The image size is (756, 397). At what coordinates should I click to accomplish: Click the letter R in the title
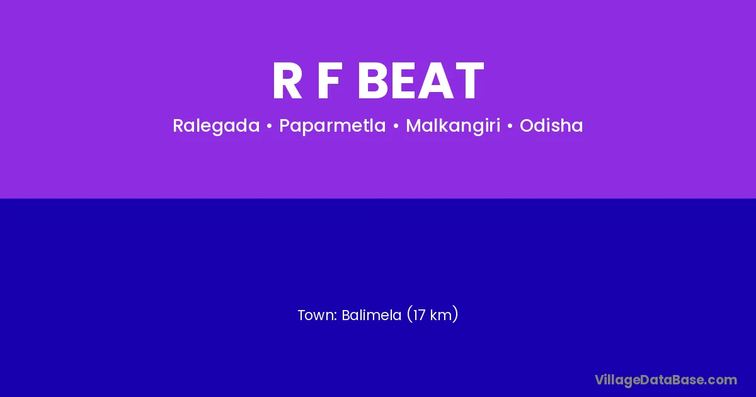pos(287,81)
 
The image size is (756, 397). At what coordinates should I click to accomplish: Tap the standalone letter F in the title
pos(328,81)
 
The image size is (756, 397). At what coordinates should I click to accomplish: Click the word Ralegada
pos(216,126)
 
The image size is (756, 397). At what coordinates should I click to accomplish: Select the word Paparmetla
pos(333,126)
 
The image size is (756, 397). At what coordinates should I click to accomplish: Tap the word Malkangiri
pos(453,126)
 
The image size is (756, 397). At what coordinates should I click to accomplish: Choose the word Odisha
pos(551,125)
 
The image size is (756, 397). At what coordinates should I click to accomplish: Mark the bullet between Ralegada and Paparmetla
pos(270,126)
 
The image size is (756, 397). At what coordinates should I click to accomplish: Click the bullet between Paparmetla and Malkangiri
pos(396,126)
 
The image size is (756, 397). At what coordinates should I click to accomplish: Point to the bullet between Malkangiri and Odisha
pos(510,126)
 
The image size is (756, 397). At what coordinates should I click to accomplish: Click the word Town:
pos(318,315)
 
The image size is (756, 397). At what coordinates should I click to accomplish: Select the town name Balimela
pos(372,315)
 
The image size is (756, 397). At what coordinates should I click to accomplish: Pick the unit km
pos(440,315)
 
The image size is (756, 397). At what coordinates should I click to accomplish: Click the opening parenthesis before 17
pos(409,314)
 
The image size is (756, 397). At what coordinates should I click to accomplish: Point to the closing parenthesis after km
pos(455,314)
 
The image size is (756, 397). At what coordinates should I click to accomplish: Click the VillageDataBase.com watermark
pos(666,381)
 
